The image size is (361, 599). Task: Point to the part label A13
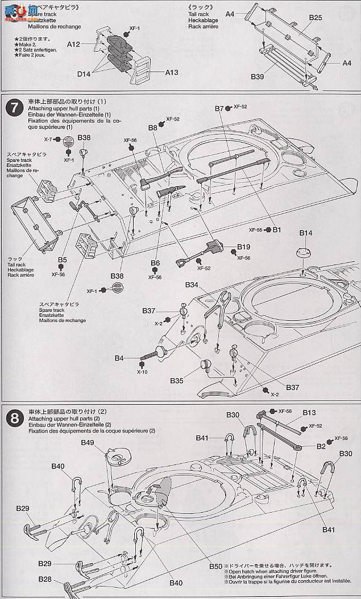pos(172,73)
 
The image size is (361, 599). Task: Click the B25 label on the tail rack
pos(316,18)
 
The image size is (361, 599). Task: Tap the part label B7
pos(221,108)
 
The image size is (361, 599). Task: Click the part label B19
pos(244,248)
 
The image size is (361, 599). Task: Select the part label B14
pos(306,233)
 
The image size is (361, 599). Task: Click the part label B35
pos(176,380)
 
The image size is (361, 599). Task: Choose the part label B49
pos(88,442)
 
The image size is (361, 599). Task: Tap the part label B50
pos(215,566)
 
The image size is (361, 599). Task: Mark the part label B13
pos(309,413)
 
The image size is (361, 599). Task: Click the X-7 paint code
pos(49,139)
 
